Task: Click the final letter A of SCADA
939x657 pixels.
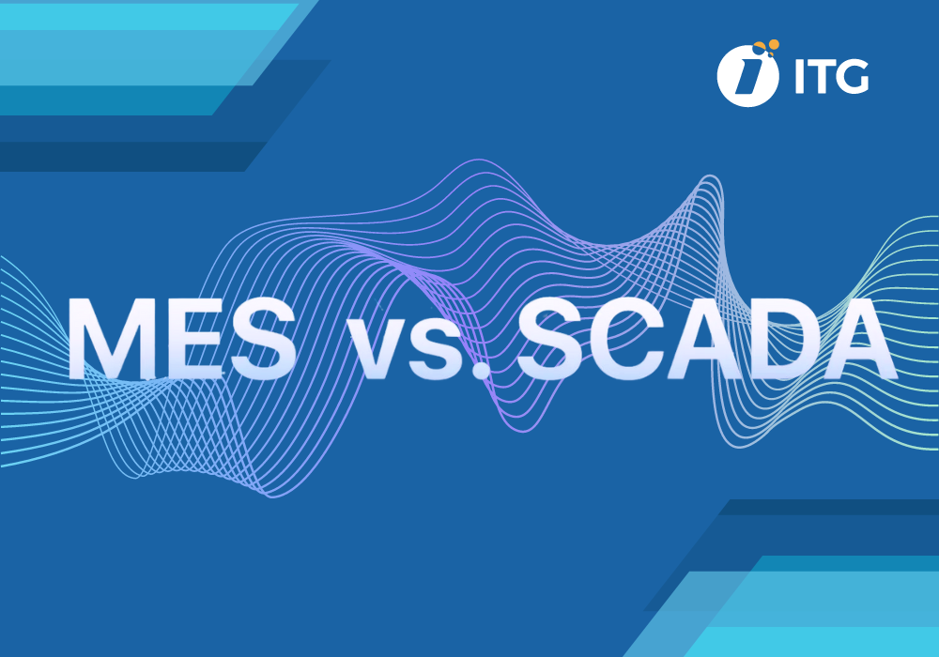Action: [850, 339]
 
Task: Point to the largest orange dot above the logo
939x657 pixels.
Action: [773, 43]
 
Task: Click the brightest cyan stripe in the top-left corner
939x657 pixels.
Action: [141, 15]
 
